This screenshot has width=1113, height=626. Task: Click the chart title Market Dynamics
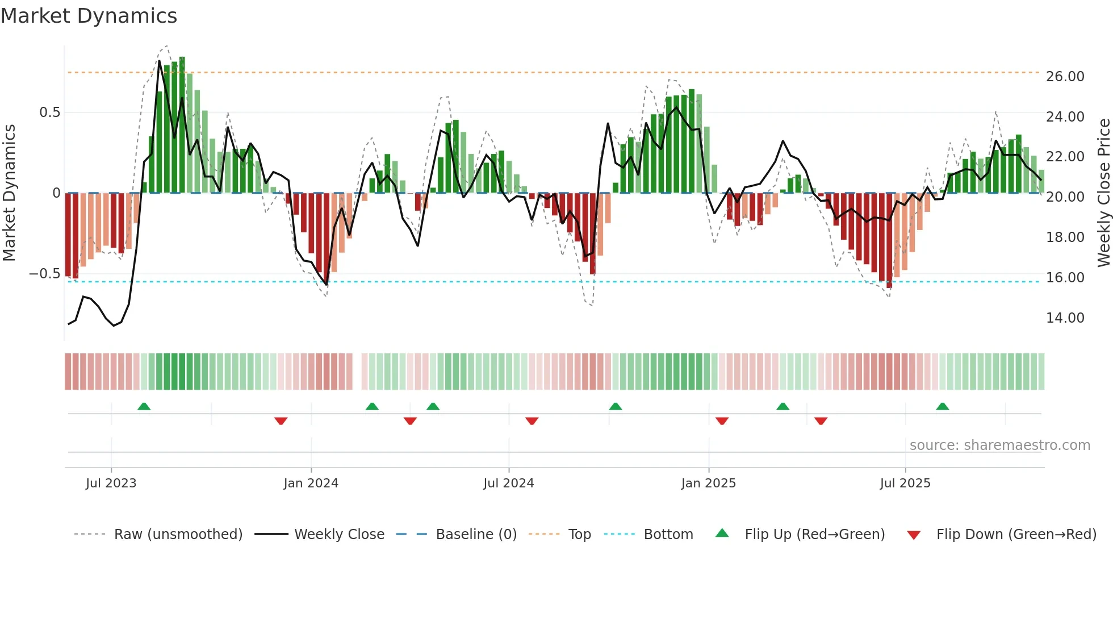(x=89, y=16)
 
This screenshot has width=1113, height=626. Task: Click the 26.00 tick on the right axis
(x=1065, y=77)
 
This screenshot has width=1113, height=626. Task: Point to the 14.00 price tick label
(x=1065, y=318)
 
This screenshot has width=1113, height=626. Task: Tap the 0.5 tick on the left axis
(x=49, y=112)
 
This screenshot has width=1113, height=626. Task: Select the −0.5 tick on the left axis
(x=45, y=274)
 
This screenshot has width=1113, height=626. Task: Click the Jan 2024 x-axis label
(x=311, y=483)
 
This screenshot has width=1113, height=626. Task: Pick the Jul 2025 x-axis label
(x=905, y=483)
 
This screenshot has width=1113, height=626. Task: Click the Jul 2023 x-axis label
(x=111, y=483)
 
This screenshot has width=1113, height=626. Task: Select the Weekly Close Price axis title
(x=1103, y=193)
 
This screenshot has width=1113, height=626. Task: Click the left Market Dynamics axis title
(x=9, y=193)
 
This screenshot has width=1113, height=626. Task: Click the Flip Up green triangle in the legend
(x=722, y=533)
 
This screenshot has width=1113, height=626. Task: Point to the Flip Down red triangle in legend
(x=914, y=535)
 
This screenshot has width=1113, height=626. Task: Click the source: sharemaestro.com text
(x=999, y=445)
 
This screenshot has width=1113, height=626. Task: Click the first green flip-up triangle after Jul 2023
(x=144, y=407)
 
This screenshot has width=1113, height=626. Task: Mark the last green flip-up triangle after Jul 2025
(x=942, y=407)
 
